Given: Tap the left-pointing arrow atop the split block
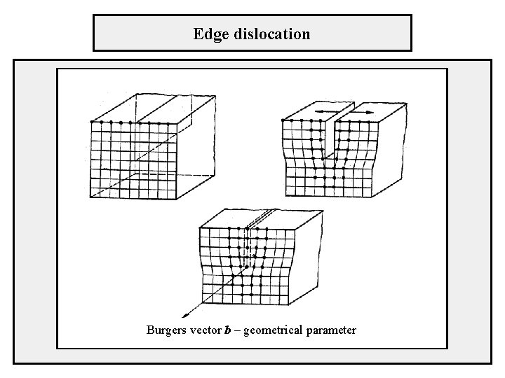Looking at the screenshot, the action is point(323,111).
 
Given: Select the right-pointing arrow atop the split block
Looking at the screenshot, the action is point(362,111).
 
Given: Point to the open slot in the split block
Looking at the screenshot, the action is point(330,140).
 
